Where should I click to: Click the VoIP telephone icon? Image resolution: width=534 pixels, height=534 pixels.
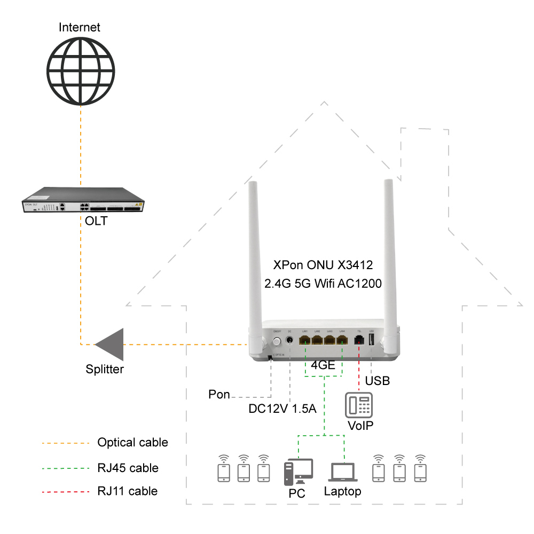pos(359,405)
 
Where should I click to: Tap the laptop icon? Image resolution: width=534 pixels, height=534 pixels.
pos(343,473)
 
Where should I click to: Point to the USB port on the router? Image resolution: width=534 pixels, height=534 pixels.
pos(371,340)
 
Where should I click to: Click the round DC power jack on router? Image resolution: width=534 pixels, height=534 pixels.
pos(289,340)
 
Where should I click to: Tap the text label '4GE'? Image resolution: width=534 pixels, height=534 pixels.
pos(324,367)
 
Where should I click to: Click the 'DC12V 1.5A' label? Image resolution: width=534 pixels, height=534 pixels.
pos(283,410)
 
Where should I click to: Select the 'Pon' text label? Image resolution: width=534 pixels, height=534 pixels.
pos(219,395)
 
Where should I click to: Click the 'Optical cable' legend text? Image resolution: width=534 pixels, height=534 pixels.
pos(132,443)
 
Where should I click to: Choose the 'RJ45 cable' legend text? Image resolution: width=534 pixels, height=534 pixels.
pos(128,468)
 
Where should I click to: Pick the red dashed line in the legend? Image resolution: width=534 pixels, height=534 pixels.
pos(65,491)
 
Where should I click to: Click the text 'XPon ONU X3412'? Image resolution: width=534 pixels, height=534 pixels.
pos(323,265)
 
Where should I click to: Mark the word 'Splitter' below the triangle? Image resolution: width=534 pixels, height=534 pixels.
pos(105,369)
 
